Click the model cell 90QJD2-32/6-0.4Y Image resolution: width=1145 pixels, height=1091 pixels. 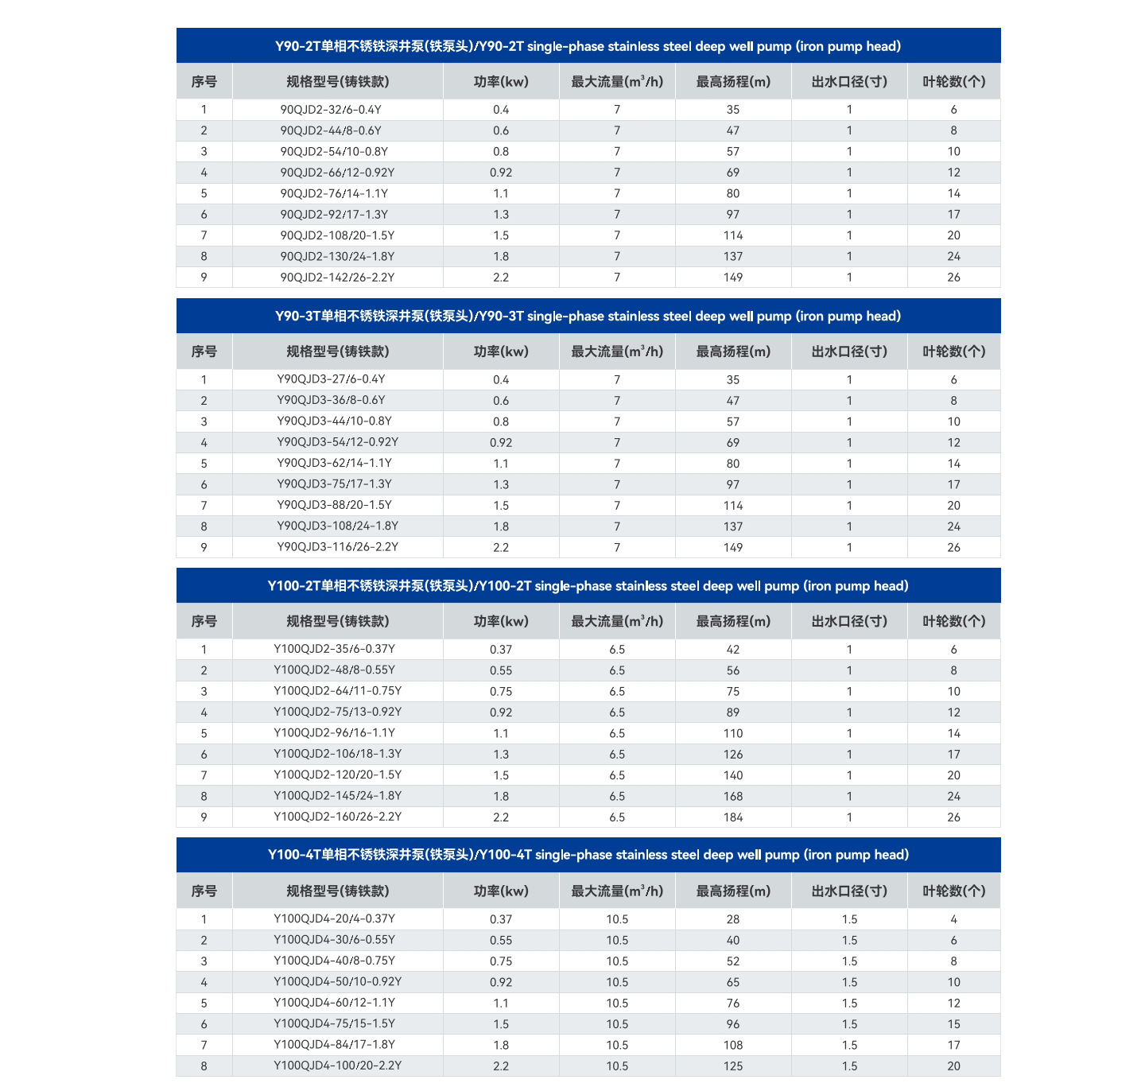331,110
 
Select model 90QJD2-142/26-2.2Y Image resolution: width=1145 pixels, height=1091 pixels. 337,278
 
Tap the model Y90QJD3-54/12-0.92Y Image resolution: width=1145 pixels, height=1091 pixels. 337,442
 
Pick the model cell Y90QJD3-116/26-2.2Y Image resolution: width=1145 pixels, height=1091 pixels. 337,547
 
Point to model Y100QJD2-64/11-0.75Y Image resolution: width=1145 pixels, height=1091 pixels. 337,691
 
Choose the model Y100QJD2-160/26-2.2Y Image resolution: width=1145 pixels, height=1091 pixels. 337,817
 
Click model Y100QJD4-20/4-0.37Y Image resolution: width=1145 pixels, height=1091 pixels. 334,919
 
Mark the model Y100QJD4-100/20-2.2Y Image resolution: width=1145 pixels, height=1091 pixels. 337,1066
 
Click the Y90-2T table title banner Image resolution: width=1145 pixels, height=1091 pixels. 588,46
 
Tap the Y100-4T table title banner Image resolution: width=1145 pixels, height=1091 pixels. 588,855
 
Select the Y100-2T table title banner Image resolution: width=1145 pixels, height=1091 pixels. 588,586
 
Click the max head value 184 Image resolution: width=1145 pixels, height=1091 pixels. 733,817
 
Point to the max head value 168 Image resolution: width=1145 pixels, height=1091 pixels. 733,796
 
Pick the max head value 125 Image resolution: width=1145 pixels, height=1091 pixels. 733,1066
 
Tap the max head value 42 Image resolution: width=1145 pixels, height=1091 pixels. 733,650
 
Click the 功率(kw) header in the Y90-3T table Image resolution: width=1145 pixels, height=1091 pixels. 501,351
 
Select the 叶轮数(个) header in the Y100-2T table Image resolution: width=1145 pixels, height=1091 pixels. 953,621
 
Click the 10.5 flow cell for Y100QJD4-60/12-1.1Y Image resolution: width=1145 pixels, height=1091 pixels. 617,1004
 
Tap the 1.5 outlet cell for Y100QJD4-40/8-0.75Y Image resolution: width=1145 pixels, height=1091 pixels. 849,961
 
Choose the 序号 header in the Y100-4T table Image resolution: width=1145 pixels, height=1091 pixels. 204,891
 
